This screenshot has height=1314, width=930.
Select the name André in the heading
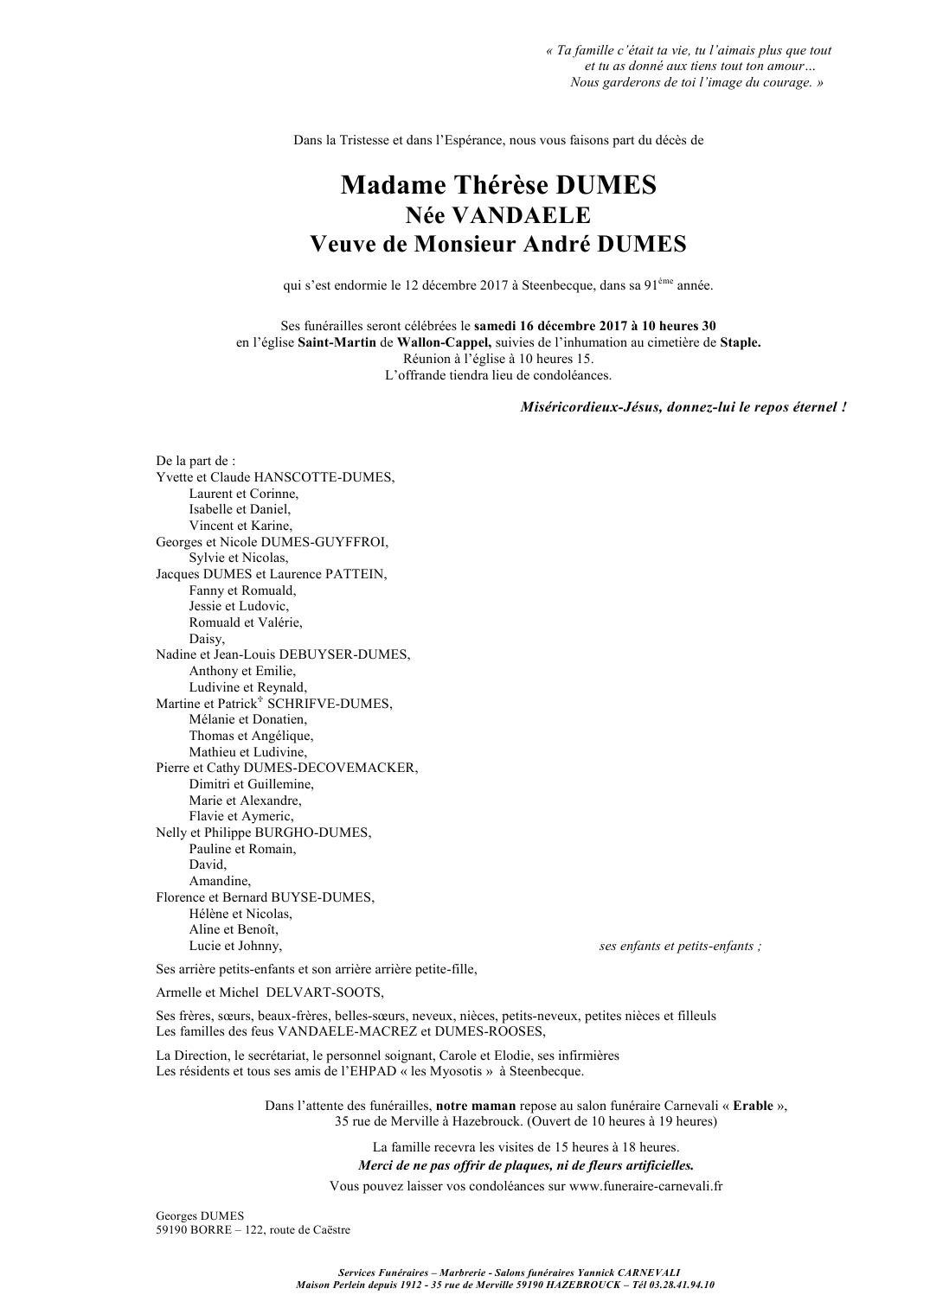tap(557, 245)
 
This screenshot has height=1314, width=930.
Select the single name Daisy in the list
tap(207, 639)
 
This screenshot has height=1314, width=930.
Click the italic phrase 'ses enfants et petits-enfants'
tap(680, 946)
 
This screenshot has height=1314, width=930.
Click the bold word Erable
tap(753, 1106)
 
